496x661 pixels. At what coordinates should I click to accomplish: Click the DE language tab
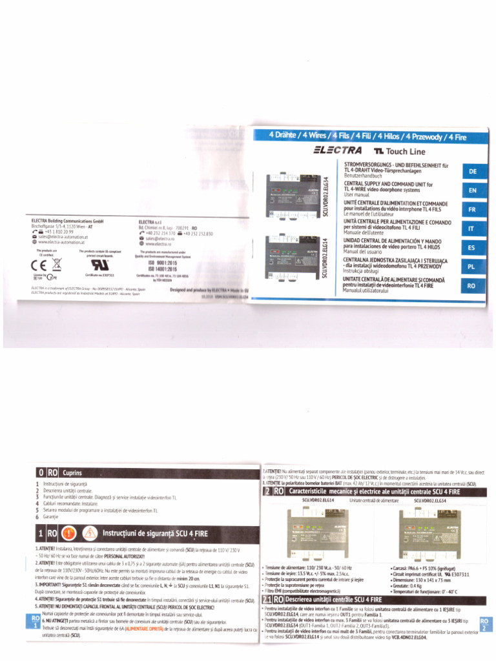pos(473,172)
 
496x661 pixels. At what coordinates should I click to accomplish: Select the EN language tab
pos(473,190)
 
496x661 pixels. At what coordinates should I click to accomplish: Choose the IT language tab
pos(473,228)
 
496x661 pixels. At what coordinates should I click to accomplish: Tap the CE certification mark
pos(37,263)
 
